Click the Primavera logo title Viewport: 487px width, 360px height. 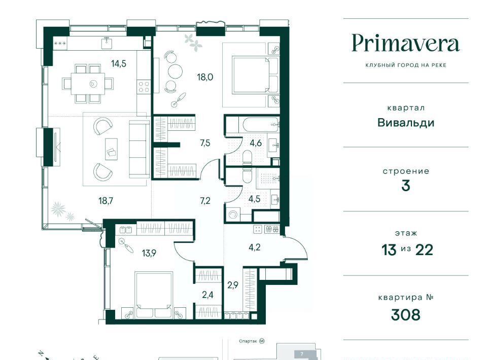406,44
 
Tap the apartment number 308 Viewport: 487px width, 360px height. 406,315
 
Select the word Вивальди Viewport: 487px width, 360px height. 406,123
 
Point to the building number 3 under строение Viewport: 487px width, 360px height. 406,186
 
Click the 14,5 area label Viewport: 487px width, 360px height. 119,63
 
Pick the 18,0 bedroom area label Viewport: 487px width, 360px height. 205,77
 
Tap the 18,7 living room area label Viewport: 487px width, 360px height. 106,201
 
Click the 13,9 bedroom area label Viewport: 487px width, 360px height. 149,253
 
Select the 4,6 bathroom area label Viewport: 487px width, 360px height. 256,143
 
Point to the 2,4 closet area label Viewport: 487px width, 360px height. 207,295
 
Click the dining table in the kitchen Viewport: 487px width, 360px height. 88,84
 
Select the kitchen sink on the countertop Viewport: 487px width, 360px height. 107,43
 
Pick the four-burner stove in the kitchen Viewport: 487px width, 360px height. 144,86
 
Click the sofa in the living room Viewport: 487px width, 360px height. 139,149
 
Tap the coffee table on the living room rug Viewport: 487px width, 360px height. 111,149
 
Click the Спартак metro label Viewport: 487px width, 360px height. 248,341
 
